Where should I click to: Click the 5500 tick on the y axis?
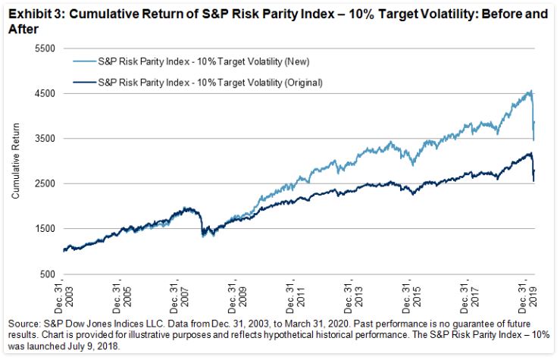[x=46, y=48]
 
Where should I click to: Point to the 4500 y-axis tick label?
[x=46, y=93]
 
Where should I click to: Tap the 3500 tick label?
[x=46, y=139]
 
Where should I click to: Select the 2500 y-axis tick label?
[x=46, y=183]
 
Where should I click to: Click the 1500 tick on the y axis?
[x=46, y=229]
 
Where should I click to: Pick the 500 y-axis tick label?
[x=48, y=274]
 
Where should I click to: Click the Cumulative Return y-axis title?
[x=15, y=161]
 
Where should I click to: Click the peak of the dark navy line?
[x=530, y=153]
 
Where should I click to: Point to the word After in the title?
[x=18, y=25]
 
